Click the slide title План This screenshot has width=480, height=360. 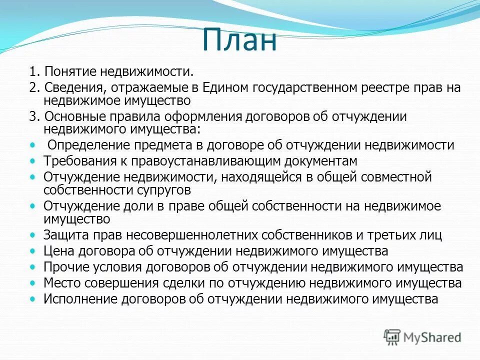click(239, 40)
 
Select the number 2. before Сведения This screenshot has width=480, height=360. click(34, 88)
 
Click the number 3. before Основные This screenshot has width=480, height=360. click(34, 116)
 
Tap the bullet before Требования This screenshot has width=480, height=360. click(33, 161)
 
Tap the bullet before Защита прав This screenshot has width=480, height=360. click(33, 235)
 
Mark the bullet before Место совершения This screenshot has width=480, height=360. click(33, 283)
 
